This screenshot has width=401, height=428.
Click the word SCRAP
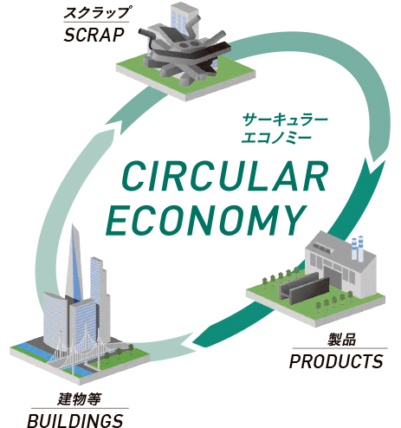(94, 36)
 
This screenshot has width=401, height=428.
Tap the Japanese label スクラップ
(96, 13)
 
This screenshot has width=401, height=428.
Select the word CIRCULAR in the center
(224, 177)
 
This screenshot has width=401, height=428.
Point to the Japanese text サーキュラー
(285, 120)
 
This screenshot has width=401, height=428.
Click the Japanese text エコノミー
(276, 137)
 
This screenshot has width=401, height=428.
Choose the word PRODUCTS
(336, 361)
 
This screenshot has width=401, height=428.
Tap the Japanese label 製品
(341, 340)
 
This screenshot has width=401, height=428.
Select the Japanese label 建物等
(79, 399)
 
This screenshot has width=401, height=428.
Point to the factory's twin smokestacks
(357, 248)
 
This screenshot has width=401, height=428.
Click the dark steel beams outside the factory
(304, 289)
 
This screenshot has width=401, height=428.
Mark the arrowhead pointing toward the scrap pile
(115, 125)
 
